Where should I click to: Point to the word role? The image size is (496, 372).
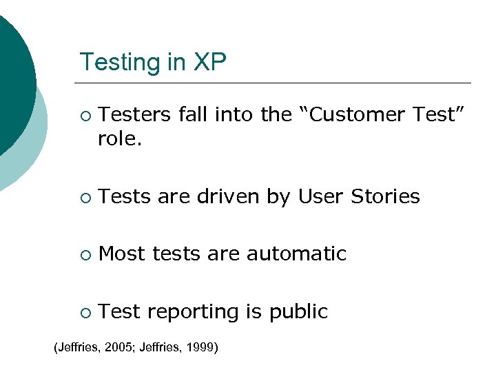tap(121, 140)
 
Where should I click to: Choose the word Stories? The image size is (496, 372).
tap(385, 197)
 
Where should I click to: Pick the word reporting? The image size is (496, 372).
tap(193, 312)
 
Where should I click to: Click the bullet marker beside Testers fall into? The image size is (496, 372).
tap(85, 116)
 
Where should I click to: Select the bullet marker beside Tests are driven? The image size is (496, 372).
tap(85, 198)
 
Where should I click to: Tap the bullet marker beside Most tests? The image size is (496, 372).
tap(85, 255)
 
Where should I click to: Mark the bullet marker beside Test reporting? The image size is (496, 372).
tap(85, 313)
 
